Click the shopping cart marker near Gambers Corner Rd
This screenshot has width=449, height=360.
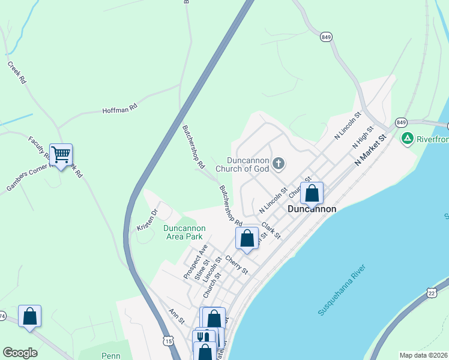[61, 155]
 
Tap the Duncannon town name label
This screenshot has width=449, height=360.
[312, 209]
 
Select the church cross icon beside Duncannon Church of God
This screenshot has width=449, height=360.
[278, 163]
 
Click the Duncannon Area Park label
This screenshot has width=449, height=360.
[184, 232]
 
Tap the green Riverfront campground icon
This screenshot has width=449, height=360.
[408, 139]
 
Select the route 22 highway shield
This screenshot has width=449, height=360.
[431, 292]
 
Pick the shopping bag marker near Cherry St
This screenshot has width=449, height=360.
[247, 239]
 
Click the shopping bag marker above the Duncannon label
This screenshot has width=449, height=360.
[312, 193]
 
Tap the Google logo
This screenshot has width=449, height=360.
[20, 353]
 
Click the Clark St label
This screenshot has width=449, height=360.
[271, 230]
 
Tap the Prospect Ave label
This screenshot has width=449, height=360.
[195, 262]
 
